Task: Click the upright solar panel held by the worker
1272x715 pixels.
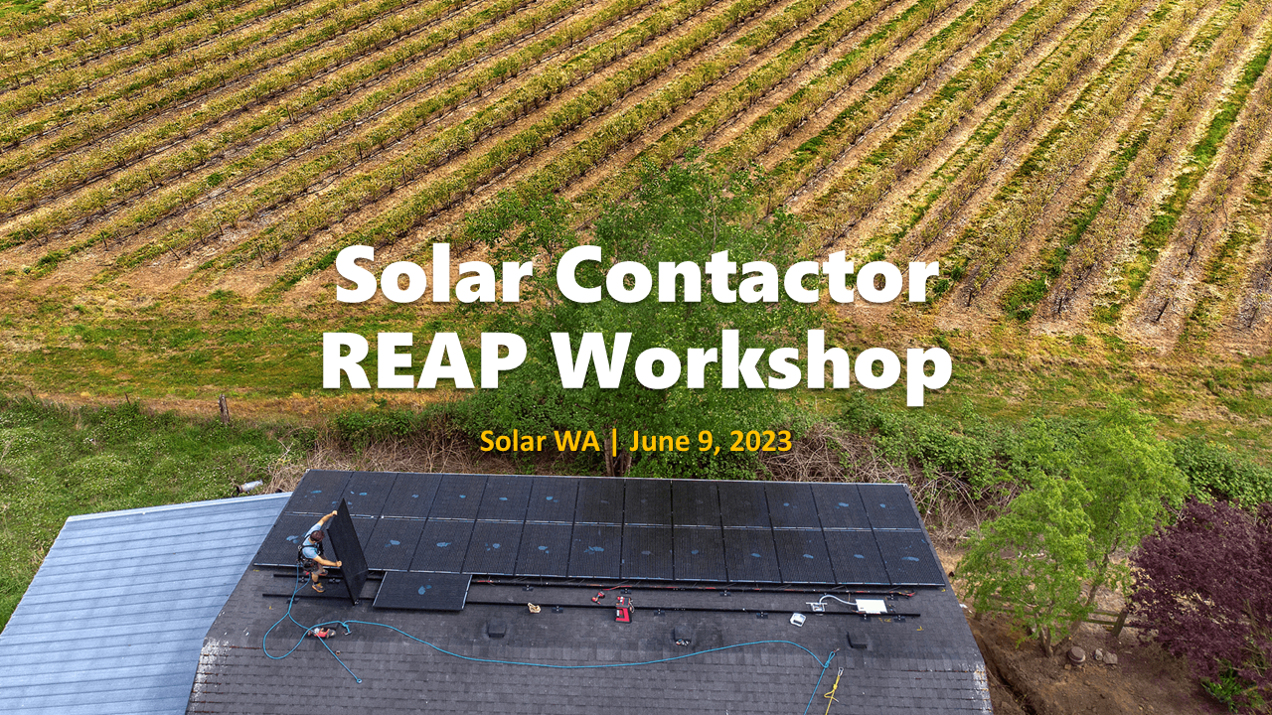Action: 348,549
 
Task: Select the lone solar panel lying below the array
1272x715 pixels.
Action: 421,590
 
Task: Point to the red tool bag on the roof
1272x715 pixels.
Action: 623,609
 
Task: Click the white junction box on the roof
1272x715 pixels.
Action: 871,606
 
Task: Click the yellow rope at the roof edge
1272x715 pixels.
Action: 833,685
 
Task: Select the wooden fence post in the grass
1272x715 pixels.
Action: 224,408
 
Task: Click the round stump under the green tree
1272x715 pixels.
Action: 1075,655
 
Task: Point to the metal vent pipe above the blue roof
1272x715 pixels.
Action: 248,487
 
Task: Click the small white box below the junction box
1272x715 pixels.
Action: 798,619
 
